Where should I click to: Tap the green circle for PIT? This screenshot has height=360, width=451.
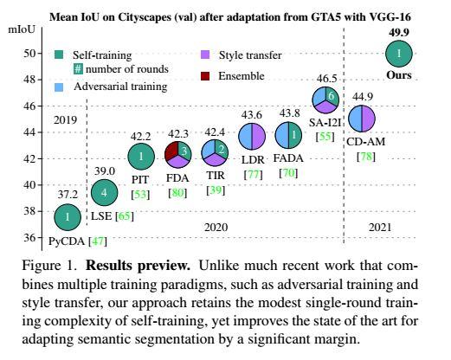click(x=141, y=156)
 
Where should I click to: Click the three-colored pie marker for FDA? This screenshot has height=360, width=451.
click(x=177, y=156)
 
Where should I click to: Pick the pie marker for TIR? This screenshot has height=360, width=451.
click(x=215, y=152)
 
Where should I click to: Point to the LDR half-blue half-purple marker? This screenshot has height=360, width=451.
click(x=252, y=136)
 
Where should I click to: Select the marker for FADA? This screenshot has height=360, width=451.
click(x=288, y=135)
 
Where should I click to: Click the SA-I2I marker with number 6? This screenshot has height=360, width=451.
click(x=325, y=100)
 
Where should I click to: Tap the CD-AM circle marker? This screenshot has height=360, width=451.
click(x=361, y=119)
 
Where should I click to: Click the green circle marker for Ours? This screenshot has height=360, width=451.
click(x=398, y=55)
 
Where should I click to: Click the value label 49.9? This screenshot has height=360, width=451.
click(x=398, y=31)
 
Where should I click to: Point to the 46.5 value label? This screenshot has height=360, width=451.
click(x=326, y=79)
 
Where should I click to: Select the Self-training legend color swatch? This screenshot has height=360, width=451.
click(x=56, y=55)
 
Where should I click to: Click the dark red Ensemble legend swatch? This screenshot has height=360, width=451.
click(x=205, y=77)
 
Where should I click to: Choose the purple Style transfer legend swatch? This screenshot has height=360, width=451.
click(x=205, y=55)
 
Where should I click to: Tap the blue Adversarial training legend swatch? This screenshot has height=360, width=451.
click(x=56, y=87)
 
